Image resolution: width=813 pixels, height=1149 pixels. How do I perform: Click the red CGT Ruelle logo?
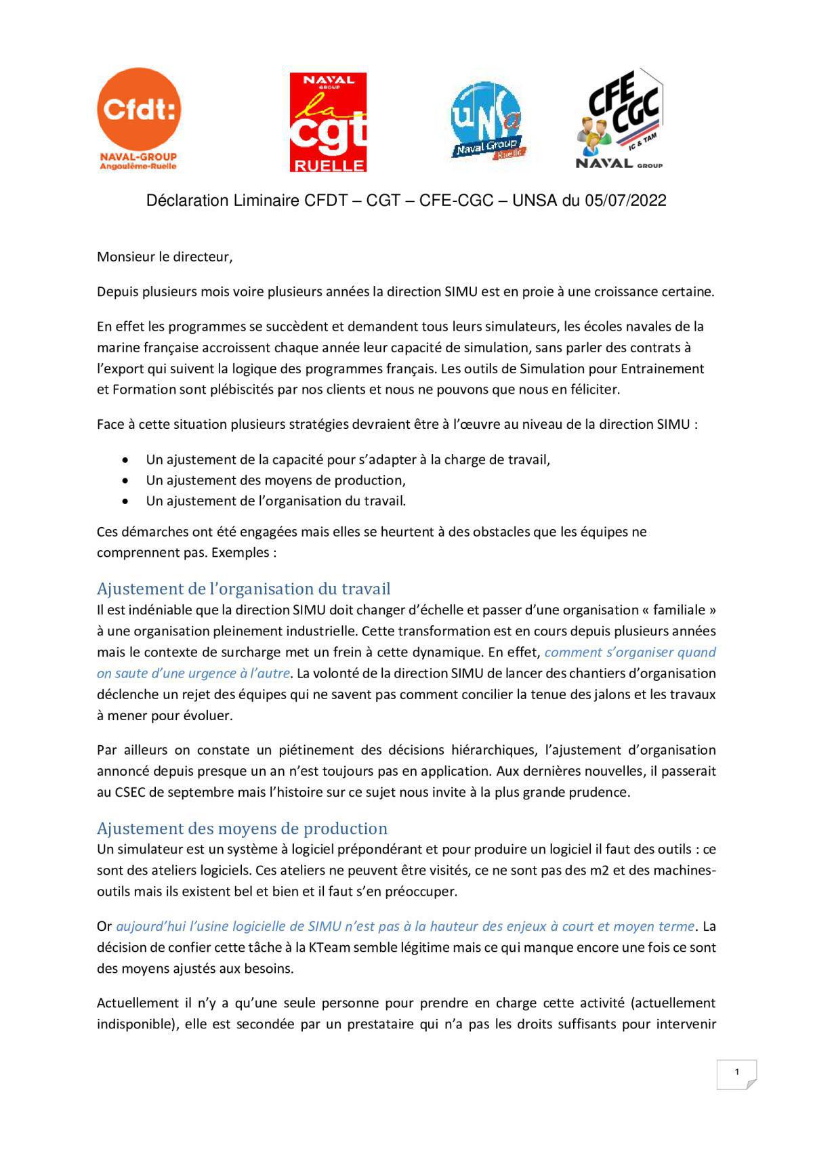(328, 123)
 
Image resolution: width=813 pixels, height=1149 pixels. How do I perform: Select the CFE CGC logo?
(619, 119)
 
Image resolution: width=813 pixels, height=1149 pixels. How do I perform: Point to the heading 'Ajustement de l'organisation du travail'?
(243, 588)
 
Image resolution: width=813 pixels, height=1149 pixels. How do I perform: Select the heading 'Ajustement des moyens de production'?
(242, 828)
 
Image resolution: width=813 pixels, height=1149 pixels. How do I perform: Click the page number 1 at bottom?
(736, 1072)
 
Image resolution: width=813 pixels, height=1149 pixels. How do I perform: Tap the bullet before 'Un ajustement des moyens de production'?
(125, 480)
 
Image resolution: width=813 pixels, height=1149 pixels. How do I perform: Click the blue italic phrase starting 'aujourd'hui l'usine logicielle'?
(405, 926)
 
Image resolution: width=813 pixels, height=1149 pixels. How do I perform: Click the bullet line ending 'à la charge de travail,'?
(348, 459)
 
